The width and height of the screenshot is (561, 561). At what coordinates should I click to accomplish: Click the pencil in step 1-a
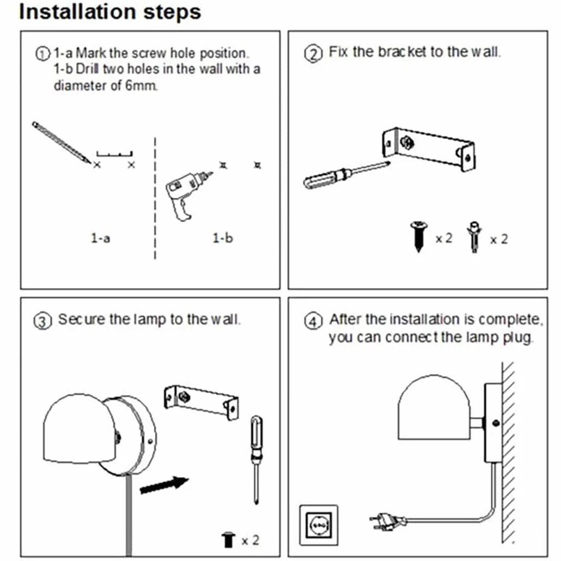click(x=61, y=142)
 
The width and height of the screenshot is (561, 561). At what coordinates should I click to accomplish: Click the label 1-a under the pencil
click(x=101, y=238)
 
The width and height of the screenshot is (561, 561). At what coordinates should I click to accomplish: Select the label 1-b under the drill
click(x=223, y=238)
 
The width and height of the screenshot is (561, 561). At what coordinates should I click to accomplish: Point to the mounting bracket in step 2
click(x=429, y=149)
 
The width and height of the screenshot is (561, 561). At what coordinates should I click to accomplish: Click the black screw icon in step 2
click(x=419, y=236)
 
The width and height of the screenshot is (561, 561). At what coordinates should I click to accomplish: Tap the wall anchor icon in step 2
click(x=474, y=237)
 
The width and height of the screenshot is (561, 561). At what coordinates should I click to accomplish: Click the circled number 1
click(x=42, y=54)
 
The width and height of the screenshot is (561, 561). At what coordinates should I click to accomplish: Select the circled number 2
click(x=313, y=54)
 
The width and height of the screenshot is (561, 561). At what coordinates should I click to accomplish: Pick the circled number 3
click(x=42, y=321)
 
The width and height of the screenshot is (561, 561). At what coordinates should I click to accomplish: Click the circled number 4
click(x=313, y=321)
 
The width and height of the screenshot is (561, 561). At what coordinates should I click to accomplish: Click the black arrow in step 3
click(x=164, y=485)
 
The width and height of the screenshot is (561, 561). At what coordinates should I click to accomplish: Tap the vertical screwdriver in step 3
click(x=256, y=460)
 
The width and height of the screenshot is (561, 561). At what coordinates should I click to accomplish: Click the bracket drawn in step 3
click(x=201, y=402)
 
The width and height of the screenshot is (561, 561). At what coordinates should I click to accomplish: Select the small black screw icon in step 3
click(x=228, y=540)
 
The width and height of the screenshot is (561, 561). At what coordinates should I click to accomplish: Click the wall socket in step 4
click(x=319, y=525)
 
